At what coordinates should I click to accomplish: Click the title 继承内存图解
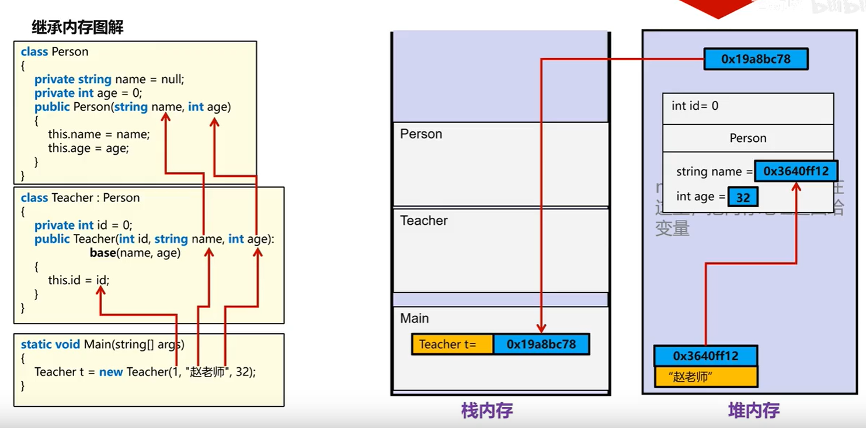(x=77, y=27)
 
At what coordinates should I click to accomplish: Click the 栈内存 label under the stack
(x=486, y=411)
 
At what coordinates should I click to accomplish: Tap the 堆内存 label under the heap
(x=753, y=411)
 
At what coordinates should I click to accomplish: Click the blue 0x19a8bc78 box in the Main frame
(x=541, y=345)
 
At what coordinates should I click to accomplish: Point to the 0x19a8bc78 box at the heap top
(x=756, y=59)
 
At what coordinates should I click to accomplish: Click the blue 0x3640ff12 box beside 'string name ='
(x=796, y=172)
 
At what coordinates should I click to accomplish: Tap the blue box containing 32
(x=743, y=197)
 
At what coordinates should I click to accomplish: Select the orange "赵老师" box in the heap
(x=705, y=377)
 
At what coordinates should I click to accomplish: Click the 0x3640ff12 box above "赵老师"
(x=705, y=356)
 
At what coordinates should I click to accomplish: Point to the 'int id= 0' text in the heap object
(x=695, y=106)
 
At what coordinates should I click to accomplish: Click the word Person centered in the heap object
(x=747, y=138)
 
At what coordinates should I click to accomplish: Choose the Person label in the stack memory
(x=421, y=134)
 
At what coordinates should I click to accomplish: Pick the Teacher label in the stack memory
(x=424, y=221)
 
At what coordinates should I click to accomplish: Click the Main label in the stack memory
(x=415, y=318)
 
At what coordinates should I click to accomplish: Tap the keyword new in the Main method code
(x=110, y=372)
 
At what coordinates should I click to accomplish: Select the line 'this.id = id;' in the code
(x=78, y=280)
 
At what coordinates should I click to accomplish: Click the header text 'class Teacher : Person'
(x=80, y=198)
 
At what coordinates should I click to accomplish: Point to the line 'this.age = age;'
(x=88, y=148)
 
